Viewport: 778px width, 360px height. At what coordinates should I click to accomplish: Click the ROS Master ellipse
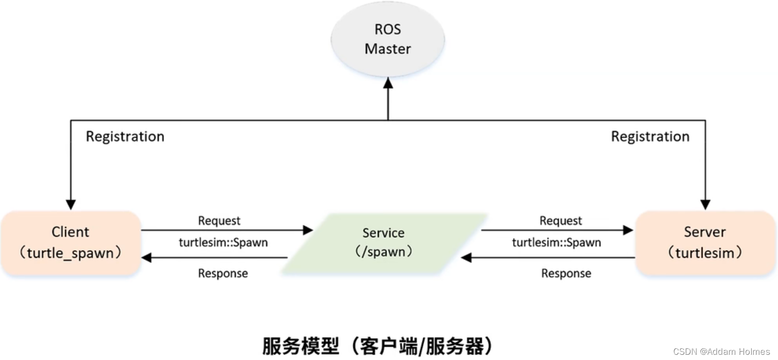pos(388,39)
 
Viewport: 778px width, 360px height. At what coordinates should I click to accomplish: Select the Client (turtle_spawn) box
pos(71,243)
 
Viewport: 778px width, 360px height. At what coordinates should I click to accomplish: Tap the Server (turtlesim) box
pos(705,243)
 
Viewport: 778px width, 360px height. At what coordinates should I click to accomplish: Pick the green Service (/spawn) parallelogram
pos(384,242)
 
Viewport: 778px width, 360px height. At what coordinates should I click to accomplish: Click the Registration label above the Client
pos(125,137)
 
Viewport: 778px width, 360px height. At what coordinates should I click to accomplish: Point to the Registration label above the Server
pos(650,137)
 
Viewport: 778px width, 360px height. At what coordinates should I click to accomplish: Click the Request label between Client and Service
pos(219,221)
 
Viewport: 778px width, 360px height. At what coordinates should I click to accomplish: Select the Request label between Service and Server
pos(561,221)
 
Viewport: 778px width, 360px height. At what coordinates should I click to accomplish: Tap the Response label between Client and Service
pos(223,273)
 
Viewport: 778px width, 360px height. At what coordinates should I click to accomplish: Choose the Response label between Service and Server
pos(566,273)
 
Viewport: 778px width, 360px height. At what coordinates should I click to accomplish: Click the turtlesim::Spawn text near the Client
pos(223,243)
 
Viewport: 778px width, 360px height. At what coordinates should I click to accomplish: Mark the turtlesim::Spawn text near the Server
pos(556,243)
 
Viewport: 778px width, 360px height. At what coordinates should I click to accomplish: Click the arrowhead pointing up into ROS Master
pos(388,82)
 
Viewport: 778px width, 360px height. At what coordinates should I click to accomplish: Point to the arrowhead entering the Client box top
pos(71,205)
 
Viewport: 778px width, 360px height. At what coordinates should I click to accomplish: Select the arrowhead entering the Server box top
pos(705,205)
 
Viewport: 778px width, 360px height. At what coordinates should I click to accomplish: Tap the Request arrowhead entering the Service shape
pos(308,230)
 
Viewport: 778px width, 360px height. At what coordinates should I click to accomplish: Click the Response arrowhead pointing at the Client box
pos(147,257)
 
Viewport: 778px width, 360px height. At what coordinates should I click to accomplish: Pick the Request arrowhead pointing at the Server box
pos(628,230)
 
